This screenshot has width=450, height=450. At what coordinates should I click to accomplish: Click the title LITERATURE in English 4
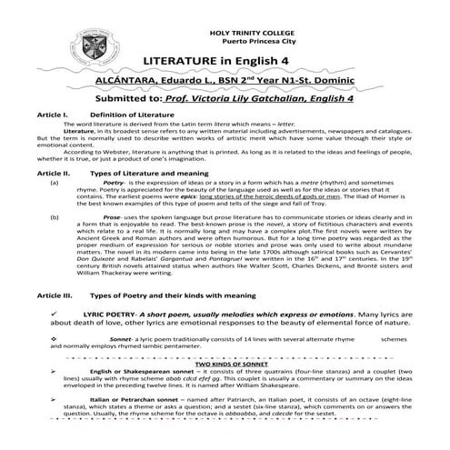pos(225,61)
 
